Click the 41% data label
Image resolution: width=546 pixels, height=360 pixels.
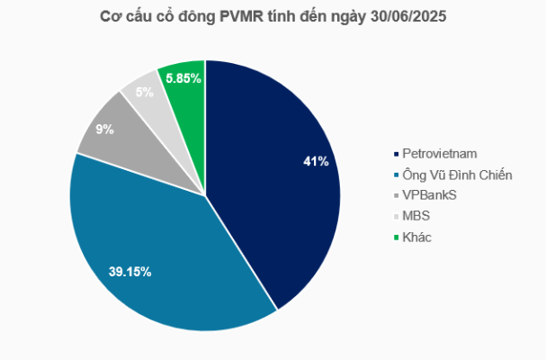pyautogui.click(x=316, y=162)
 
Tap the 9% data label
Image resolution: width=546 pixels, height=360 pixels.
pyautogui.click(x=105, y=130)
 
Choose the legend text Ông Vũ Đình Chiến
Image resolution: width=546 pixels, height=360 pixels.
pyautogui.click(x=455, y=175)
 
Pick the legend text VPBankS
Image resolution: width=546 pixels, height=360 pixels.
pyautogui.click(x=429, y=195)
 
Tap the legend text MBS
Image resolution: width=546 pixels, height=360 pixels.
pyautogui.click(x=416, y=216)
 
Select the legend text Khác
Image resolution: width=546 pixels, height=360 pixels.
pyautogui.click(x=417, y=237)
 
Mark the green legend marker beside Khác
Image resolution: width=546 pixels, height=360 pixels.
pyautogui.click(x=395, y=237)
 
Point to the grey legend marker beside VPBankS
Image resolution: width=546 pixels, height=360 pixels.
pyautogui.click(x=395, y=195)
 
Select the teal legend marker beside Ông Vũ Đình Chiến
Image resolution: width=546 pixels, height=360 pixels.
pyautogui.click(x=395, y=175)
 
